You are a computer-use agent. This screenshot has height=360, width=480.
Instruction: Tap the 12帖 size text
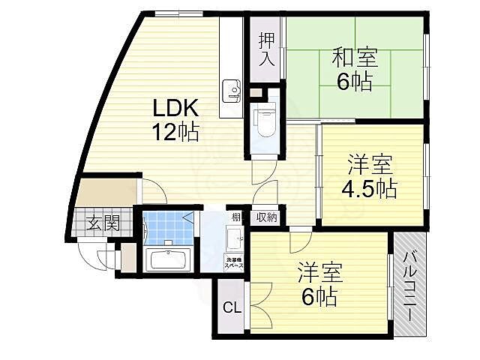click(x=176, y=133)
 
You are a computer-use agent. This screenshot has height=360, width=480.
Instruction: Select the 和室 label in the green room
click(x=355, y=57)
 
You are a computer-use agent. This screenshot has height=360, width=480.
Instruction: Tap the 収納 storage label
click(x=266, y=217)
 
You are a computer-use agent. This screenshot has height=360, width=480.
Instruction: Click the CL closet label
click(x=232, y=307)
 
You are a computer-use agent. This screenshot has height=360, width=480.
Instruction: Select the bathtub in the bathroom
click(x=168, y=261)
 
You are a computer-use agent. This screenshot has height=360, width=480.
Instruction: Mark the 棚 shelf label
click(x=235, y=217)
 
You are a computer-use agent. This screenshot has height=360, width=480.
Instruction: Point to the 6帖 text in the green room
click(x=354, y=81)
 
